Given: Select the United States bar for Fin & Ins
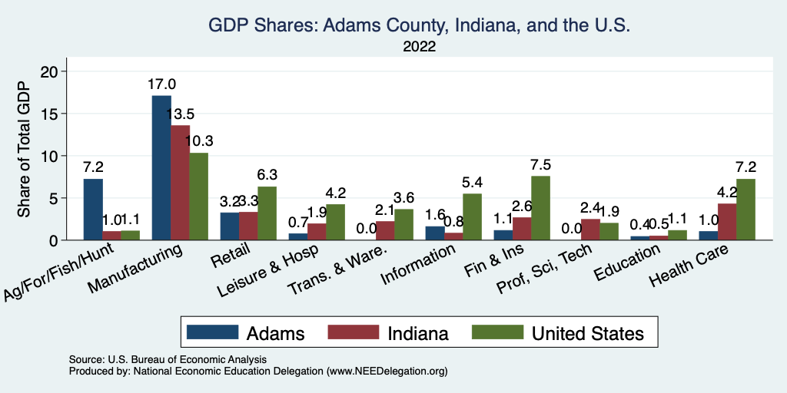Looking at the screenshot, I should (540, 208).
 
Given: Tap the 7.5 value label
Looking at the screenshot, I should (541, 165).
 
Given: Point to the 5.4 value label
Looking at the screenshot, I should (472, 183).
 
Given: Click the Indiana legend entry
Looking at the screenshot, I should (389, 333).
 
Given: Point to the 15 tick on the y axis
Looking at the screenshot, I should (59, 114).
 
